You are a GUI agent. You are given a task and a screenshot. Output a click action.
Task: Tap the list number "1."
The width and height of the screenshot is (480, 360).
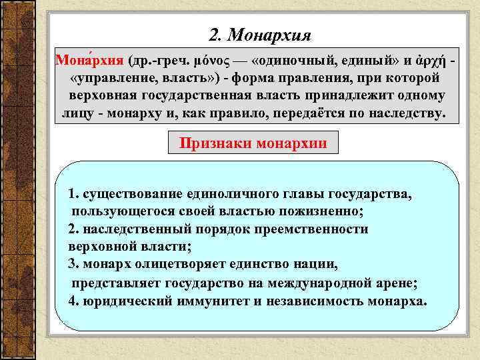coord(73,195)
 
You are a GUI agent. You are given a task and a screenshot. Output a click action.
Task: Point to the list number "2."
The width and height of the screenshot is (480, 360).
coord(73,229)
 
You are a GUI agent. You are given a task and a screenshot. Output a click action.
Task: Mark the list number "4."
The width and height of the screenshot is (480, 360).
coord(74,300)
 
